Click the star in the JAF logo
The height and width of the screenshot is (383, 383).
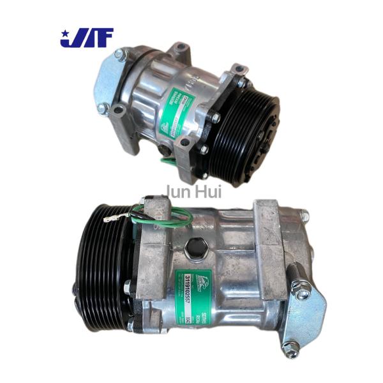65,32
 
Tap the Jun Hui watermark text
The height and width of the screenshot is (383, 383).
191,190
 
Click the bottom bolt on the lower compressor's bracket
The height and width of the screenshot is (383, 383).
291,349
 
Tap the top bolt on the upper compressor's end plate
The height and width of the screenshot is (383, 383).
119,56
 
